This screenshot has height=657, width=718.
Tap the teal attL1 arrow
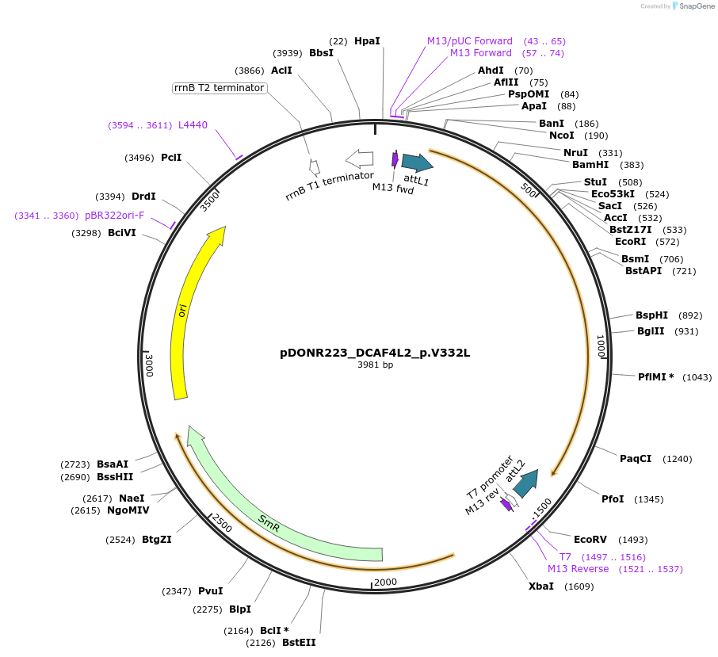click(x=416, y=162)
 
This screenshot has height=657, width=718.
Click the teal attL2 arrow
click(x=525, y=483)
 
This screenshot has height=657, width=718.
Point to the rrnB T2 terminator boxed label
click(x=219, y=88)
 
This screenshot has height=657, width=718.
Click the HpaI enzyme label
click(x=367, y=40)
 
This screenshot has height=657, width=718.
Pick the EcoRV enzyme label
click(x=590, y=539)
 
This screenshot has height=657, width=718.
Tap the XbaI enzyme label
click(x=541, y=586)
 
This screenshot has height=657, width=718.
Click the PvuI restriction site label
click(x=210, y=590)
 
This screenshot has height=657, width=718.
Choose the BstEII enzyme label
click(x=299, y=643)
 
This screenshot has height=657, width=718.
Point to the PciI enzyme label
click(x=171, y=158)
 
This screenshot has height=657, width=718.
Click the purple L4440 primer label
click(x=193, y=125)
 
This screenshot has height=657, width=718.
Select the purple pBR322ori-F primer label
click(x=115, y=216)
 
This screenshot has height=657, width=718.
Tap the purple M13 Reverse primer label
click(x=578, y=569)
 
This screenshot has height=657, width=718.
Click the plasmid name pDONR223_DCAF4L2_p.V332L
click(x=375, y=353)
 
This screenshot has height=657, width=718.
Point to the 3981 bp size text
click(x=375, y=365)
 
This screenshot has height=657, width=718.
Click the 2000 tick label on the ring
click(x=385, y=582)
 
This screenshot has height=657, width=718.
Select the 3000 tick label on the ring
click(x=150, y=365)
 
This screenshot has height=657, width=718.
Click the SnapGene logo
click(x=688, y=6)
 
